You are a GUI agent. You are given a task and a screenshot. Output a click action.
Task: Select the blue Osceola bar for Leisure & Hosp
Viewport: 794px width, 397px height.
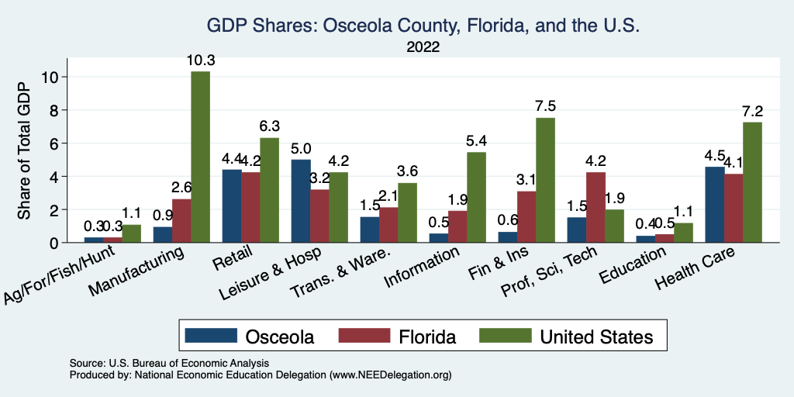point(301,201)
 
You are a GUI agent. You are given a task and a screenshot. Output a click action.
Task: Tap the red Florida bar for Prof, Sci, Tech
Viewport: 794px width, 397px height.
point(595,207)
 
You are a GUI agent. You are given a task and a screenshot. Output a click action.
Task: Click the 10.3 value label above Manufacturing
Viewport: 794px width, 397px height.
point(200,60)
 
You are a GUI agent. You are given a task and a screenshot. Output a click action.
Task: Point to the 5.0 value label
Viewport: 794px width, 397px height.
point(301,148)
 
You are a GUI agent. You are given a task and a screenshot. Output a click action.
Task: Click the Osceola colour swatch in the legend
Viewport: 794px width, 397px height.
point(210,336)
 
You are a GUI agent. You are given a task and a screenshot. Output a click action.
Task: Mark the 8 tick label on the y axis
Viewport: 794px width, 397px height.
point(54,110)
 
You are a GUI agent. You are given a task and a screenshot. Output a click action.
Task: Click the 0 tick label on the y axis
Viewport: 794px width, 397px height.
point(54,243)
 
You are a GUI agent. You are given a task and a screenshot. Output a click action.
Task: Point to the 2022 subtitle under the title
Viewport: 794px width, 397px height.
point(423,47)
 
